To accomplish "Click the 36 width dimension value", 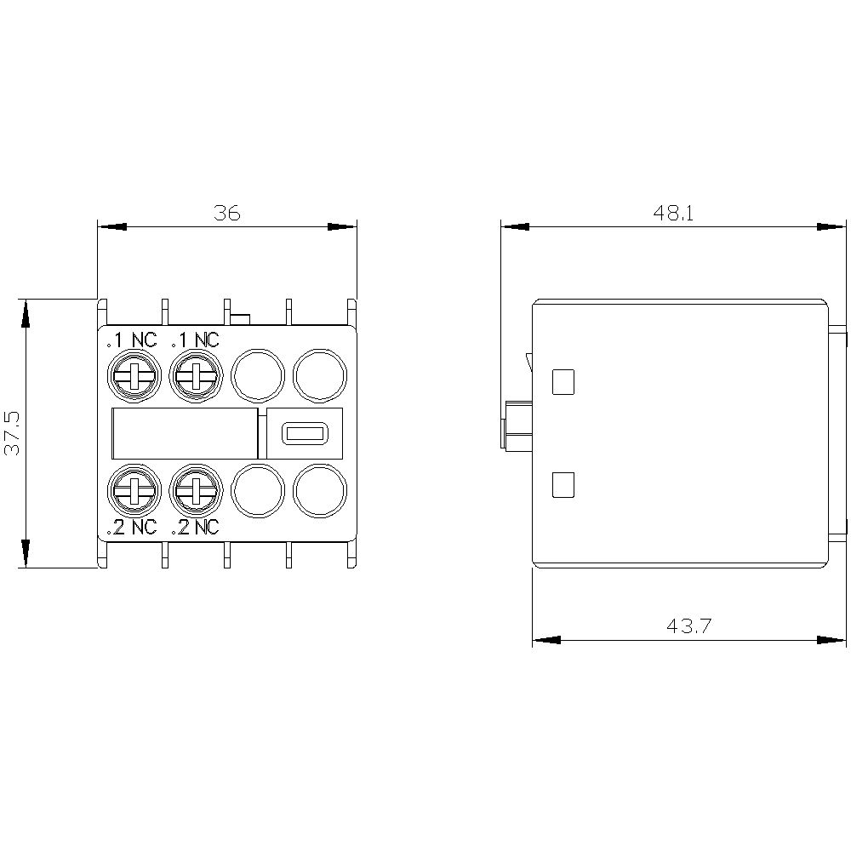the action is tap(227, 213).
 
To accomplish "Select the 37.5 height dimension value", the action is tap(12, 432).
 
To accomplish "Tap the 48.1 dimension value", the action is tap(673, 213).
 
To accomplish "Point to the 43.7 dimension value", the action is tap(688, 625).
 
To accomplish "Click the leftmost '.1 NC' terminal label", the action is tap(132, 340).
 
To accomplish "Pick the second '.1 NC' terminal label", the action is tap(196, 340).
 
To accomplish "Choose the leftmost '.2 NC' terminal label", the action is tap(132, 527).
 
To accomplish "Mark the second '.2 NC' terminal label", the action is tap(196, 527).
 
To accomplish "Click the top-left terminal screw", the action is tap(134, 375).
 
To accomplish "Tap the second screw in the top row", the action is tap(196, 375).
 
